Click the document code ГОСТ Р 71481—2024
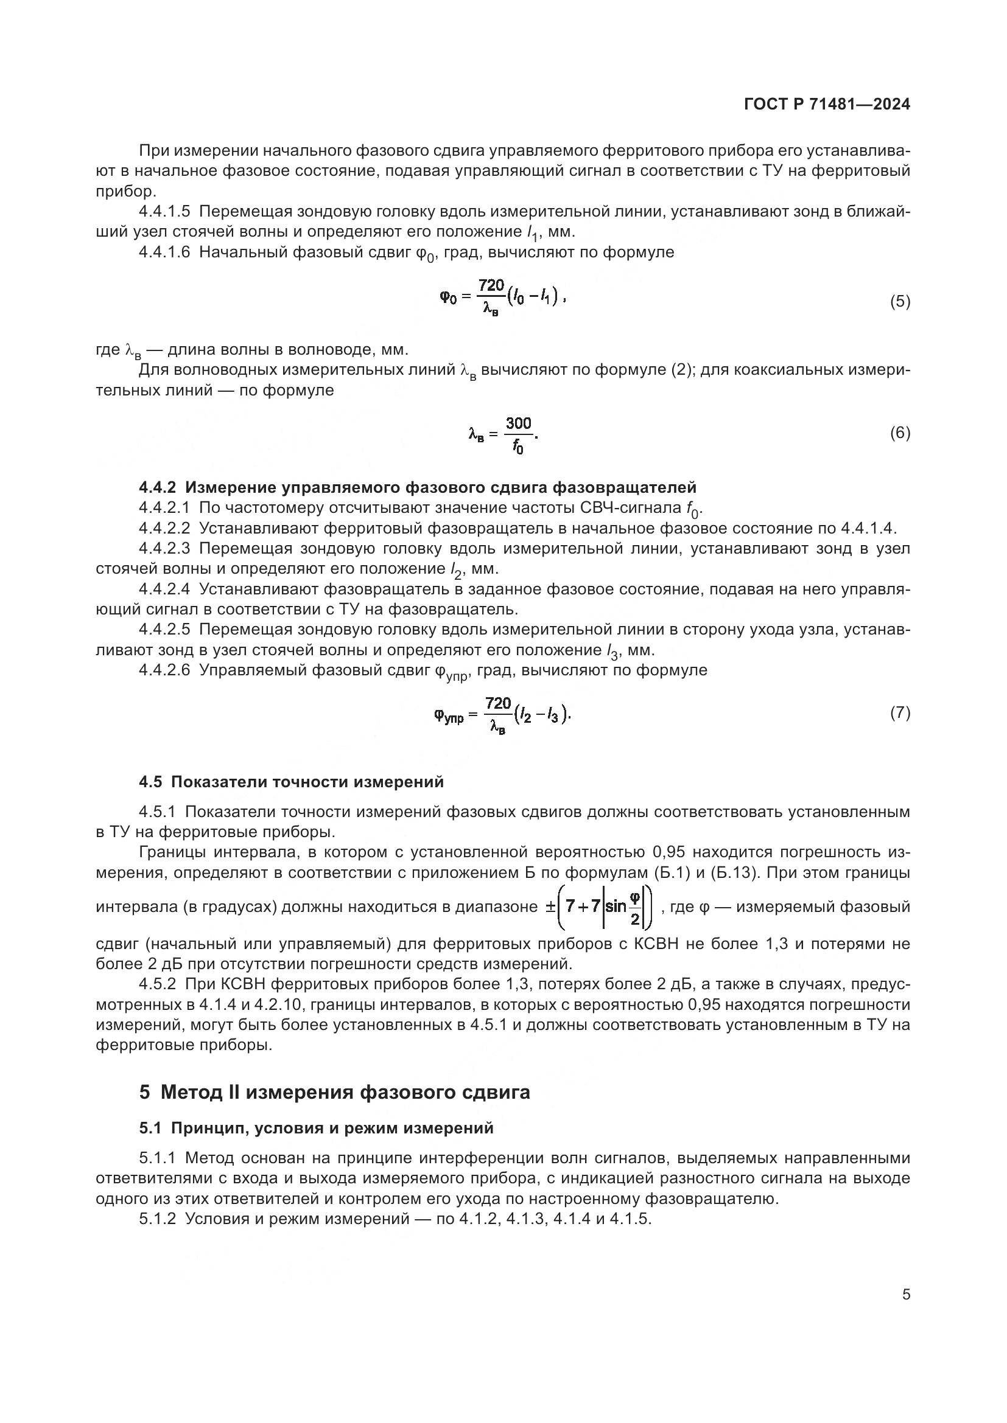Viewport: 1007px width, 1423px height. [827, 105]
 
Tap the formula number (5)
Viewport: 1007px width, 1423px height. [900, 302]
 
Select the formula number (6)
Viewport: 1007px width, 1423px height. [900, 433]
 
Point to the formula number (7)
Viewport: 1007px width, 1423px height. [900, 714]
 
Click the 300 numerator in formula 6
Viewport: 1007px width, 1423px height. [518, 423]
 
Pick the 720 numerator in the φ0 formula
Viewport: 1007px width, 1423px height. [491, 286]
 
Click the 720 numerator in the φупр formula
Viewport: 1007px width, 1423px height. [498, 703]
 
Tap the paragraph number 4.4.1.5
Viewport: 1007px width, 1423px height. [164, 212]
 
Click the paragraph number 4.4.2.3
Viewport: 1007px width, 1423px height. [164, 549]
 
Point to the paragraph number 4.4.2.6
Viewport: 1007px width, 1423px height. [164, 670]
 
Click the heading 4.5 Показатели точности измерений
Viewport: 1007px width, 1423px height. [292, 782]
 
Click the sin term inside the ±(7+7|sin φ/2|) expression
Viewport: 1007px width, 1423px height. [616, 906]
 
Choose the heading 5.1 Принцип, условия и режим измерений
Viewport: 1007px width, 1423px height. [316, 1128]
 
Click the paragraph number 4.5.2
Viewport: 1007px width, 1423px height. [158, 984]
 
